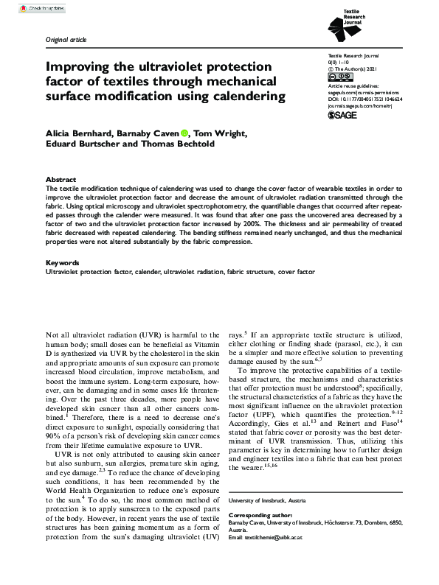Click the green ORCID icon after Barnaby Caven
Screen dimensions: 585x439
click(162, 133)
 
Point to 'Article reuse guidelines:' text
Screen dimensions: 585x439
click(355, 86)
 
